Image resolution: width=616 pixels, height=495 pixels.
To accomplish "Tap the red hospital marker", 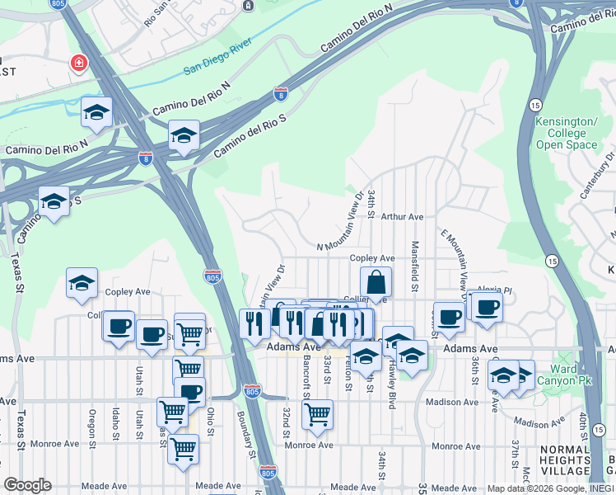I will click(x=79, y=64).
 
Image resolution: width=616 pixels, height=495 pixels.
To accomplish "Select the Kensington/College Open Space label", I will click(x=566, y=133).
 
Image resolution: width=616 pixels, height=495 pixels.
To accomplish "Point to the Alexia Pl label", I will click(x=494, y=291).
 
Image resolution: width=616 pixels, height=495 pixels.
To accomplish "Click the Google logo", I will click(x=27, y=485).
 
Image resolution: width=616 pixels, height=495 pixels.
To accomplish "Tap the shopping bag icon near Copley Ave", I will click(x=376, y=283).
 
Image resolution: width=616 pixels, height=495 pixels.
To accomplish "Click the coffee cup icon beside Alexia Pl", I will click(x=486, y=308).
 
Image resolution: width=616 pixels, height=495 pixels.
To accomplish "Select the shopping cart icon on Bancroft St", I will click(x=317, y=414).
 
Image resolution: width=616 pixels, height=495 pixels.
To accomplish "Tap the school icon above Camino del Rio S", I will click(x=184, y=136).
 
